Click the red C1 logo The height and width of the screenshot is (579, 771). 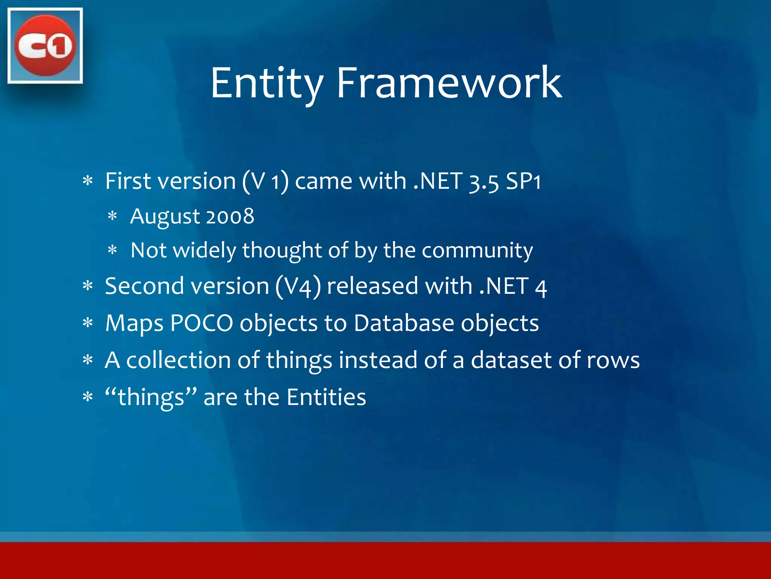pyautogui.click(x=45, y=45)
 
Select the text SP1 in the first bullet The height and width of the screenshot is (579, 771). pyautogui.click(x=523, y=181)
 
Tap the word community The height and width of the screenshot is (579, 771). pyautogui.click(x=477, y=251)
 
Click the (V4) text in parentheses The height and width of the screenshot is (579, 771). pyautogui.click(x=298, y=286)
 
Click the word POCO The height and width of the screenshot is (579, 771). pyautogui.click(x=201, y=323)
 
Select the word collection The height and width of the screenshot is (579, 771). pyautogui.click(x=178, y=360)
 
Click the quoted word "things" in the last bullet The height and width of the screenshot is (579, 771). pyautogui.click(x=151, y=397)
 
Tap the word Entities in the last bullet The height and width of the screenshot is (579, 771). pyautogui.click(x=326, y=397)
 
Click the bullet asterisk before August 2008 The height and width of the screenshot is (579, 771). pyautogui.click(x=113, y=216)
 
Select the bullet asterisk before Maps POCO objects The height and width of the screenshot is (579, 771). pyautogui.click(x=88, y=323)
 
